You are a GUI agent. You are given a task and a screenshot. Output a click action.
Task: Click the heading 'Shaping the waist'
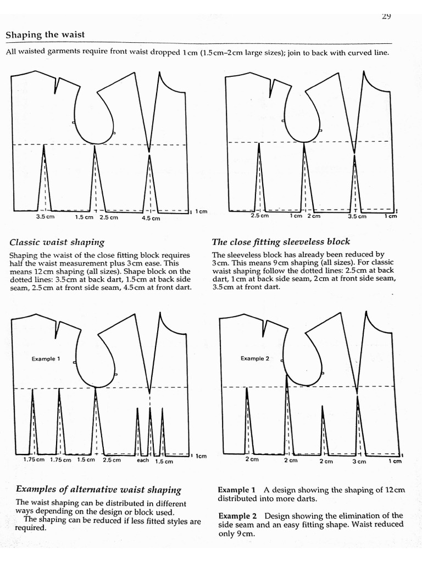point(45,35)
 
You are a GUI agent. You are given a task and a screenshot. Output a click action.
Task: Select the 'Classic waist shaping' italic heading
point(57,242)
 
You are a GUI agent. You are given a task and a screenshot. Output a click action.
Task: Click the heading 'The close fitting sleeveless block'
point(281,241)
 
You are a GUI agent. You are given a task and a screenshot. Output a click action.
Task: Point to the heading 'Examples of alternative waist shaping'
point(98,489)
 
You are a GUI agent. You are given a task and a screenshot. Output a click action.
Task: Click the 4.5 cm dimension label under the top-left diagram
point(151,218)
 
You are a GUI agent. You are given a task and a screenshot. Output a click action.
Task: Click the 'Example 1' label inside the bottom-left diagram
point(46,359)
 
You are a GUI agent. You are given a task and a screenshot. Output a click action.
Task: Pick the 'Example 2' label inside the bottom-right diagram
point(255,358)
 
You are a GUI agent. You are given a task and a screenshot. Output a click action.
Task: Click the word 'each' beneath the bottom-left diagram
point(143,460)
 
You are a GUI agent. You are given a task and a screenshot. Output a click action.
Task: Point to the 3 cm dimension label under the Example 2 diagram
point(359,462)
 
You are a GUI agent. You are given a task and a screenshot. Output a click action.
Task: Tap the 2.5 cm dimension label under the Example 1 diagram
point(111,460)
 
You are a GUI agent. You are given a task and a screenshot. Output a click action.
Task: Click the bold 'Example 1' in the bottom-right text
point(236,490)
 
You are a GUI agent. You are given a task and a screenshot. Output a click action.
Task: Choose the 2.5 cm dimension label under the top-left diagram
point(109,217)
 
